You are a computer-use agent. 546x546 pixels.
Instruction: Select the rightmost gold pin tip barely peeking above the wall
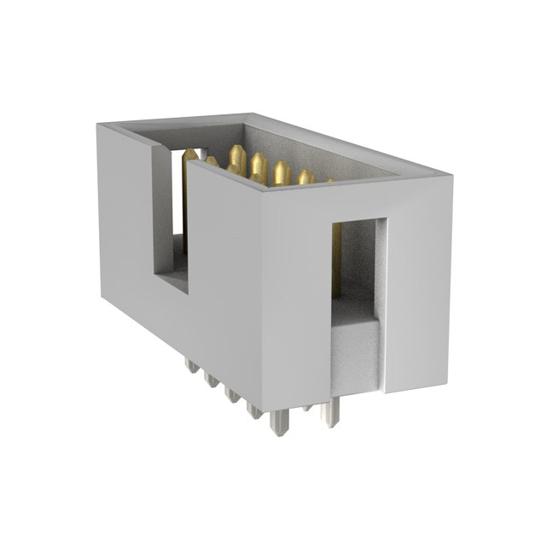tap(330, 180)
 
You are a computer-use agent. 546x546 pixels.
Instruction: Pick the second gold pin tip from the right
tap(305, 176)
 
